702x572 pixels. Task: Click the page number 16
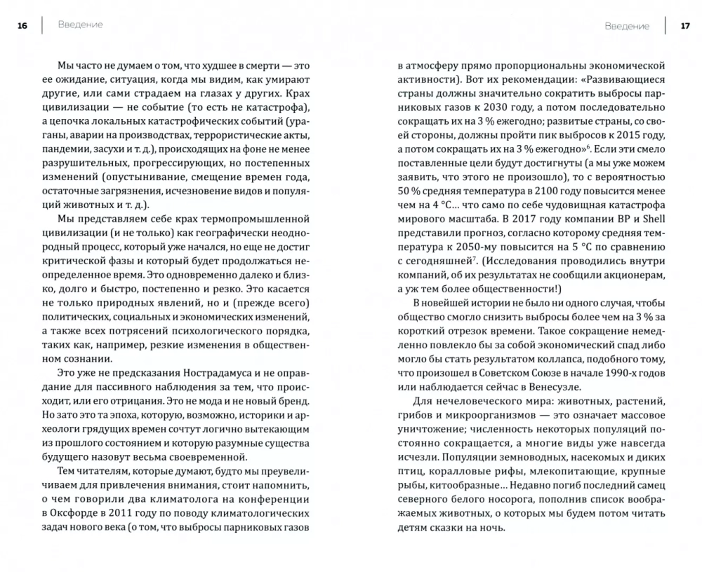22,26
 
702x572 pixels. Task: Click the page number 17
685,26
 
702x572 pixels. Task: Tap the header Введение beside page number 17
627,26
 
